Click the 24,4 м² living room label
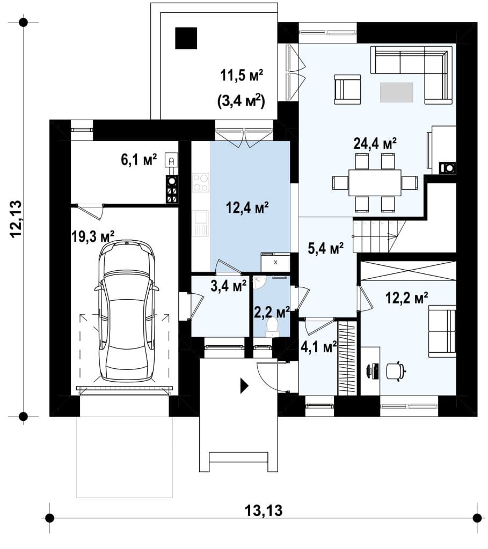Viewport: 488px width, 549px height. click(375, 143)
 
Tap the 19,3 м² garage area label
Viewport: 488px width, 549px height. click(93, 236)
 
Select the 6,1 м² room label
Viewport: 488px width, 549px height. click(139, 160)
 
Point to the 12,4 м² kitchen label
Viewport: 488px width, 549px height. click(247, 207)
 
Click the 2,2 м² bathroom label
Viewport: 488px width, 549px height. click(272, 311)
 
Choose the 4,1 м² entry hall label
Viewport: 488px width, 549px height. click(319, 347)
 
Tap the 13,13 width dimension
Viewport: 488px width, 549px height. click(263, 510)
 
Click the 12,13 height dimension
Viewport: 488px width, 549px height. click(16, 219)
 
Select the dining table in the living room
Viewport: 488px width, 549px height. click(375, 183)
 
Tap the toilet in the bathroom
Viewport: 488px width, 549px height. click(272, 327)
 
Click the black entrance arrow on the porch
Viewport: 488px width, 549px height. click(244, 386)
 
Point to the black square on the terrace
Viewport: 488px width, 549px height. click(186, 38)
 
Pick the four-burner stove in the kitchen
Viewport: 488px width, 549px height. click(201, 182)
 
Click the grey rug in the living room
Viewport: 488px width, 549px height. click(396, 92)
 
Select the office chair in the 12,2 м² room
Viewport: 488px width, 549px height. click(396, 371)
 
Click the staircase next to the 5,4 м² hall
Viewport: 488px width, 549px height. click(380, 236)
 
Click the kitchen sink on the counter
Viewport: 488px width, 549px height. click(201, 224)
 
